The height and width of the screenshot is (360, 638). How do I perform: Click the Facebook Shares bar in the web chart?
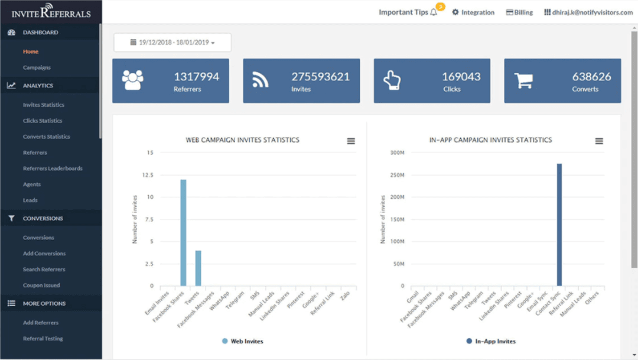point(183,233)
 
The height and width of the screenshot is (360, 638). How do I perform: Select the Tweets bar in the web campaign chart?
point(198,268)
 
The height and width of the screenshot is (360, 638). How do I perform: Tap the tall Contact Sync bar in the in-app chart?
point(559,225)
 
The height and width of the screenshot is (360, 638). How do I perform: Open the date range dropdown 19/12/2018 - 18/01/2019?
point(172,43)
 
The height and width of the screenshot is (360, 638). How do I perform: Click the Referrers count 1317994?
point(196,77)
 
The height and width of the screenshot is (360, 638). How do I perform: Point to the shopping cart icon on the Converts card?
point(523,80)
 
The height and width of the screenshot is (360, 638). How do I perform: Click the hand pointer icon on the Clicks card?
point(392,80)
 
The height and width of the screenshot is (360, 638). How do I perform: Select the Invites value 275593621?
point(320,77)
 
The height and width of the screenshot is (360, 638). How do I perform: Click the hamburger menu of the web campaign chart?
point(351,141)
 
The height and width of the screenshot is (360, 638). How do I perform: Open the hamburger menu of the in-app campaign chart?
point(599,141)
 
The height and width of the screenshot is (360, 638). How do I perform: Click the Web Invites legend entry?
point(243,341)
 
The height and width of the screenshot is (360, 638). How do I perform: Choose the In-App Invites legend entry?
point(491,341)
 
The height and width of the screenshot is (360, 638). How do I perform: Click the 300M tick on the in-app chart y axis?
point(396,153)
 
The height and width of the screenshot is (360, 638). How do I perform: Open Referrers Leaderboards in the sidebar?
point(53,168)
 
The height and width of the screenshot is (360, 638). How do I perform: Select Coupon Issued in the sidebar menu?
point(41,286)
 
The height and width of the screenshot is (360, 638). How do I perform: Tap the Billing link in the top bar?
point(519,12)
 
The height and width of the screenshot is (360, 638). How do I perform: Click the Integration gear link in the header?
point(473,12)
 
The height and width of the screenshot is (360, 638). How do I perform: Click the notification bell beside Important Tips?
point(434,12)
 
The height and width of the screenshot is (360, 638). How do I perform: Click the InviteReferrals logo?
point(51,12)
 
